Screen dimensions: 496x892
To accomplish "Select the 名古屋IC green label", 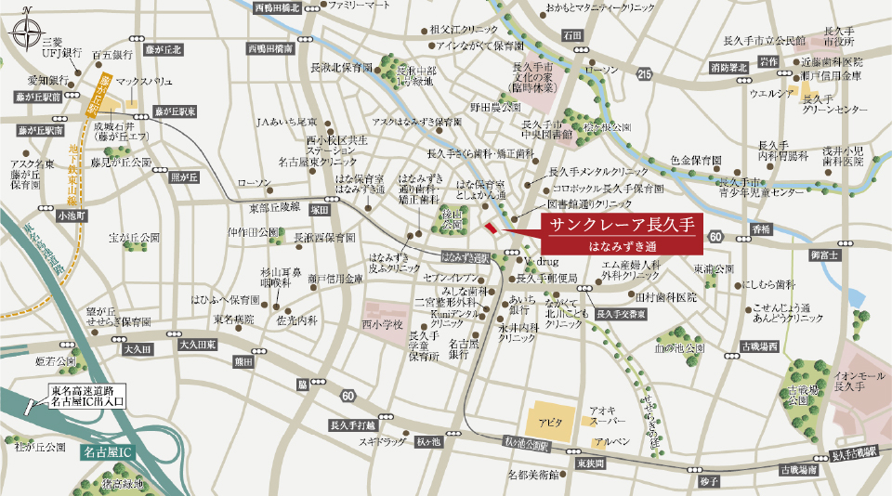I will point(110,451).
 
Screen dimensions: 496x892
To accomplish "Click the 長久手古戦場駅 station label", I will point(854,454).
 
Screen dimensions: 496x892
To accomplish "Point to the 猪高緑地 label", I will point(123,483).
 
